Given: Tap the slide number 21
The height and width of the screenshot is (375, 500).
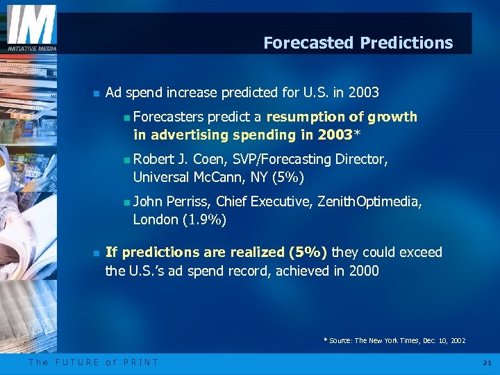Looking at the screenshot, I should [486, 362].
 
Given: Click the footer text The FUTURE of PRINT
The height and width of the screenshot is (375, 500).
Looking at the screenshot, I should [93, 362].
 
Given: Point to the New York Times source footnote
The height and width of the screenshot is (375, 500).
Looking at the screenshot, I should [394, 341].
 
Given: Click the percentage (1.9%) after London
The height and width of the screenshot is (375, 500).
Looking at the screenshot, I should [205, 220].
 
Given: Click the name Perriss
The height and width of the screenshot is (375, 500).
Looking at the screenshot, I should [189, 202].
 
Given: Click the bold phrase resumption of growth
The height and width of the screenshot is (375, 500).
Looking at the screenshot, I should [342, 117].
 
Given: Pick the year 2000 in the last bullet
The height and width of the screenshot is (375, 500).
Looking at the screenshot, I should [364, 271].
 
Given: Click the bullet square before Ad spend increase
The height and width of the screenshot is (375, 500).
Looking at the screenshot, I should [96, 93].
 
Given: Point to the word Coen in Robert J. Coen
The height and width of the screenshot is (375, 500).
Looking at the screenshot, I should [212, 160].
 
